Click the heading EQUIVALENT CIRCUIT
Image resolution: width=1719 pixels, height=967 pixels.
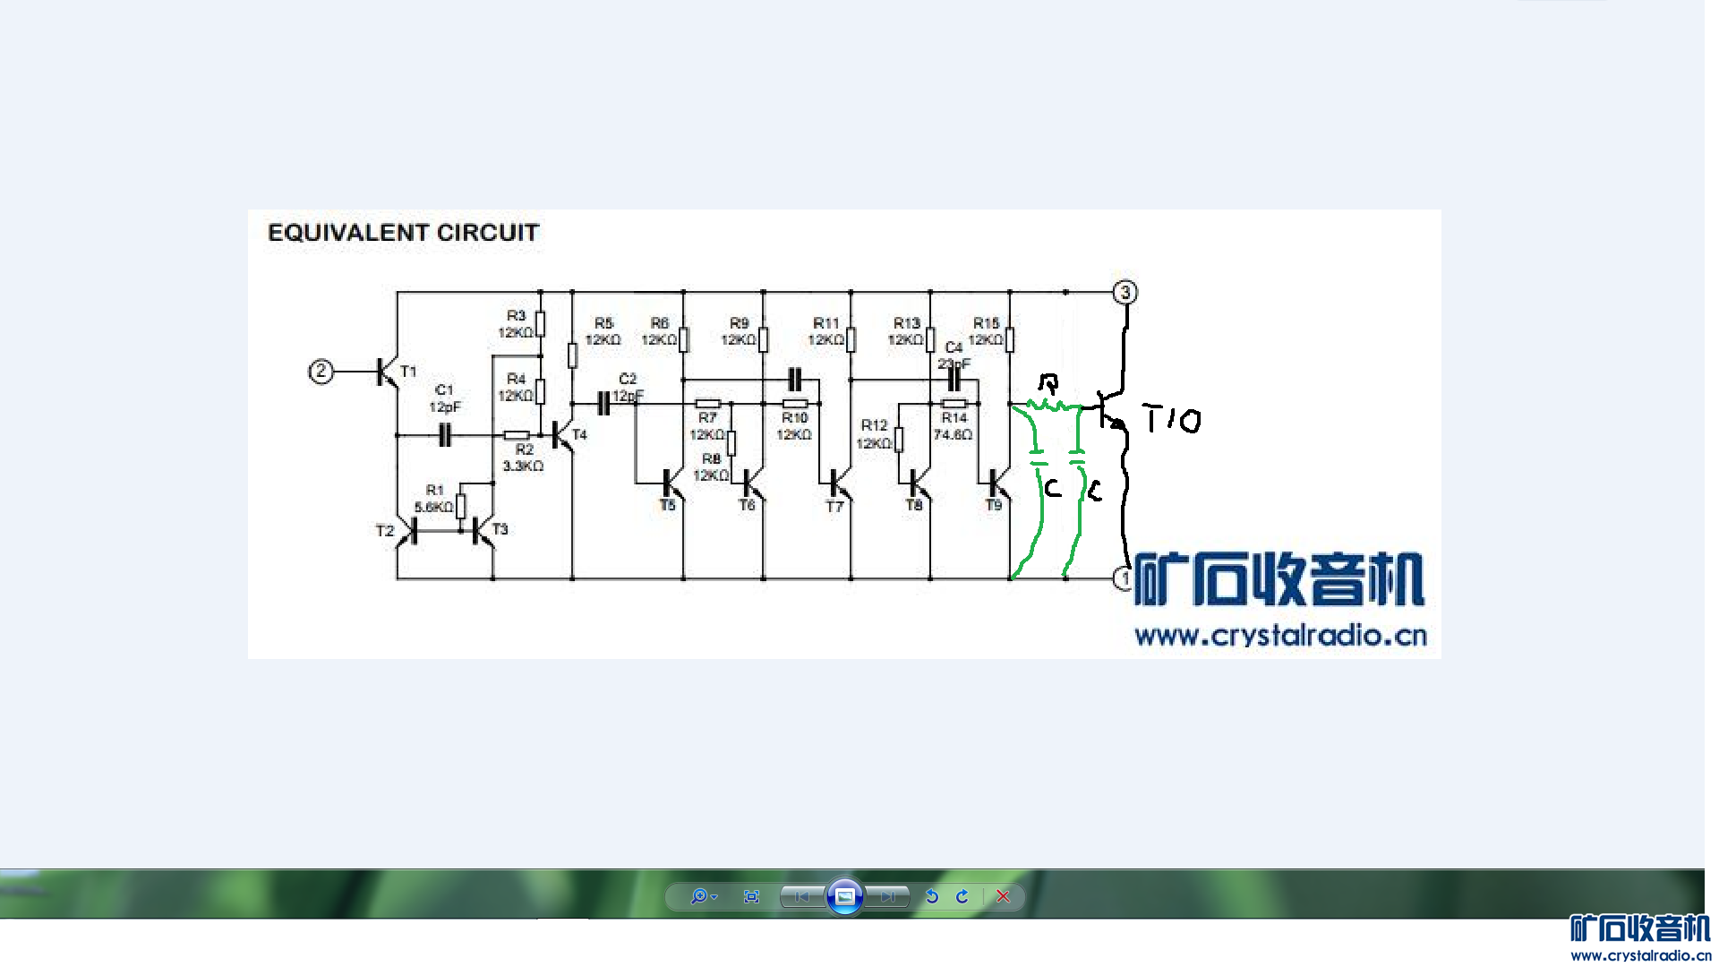(403, 233)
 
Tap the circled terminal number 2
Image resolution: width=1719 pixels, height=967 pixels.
(321, 372)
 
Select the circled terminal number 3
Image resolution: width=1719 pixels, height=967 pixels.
(1125, 293)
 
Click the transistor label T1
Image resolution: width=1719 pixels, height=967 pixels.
(408, 372)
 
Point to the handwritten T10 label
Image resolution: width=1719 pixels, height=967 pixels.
(1172, 419)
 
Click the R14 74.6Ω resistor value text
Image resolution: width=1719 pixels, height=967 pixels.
(953, 435)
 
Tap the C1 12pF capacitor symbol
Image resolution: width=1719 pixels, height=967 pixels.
(444, 436)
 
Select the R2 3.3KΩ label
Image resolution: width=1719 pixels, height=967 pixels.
(524, 458)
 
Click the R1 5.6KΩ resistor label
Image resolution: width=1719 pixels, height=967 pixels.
(434, 499)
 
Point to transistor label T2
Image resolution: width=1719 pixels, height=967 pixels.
(385, 531)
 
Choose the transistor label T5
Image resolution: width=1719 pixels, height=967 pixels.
(668, 506)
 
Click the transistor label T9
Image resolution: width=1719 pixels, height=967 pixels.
(994, 506)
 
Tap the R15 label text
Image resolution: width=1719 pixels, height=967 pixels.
(986, 323)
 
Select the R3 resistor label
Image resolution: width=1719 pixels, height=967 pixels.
(516, 316)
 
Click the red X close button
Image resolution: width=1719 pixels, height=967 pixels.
(1003, 896)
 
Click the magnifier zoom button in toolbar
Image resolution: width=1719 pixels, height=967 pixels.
(699, 896)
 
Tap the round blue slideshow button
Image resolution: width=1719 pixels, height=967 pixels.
(844, 896)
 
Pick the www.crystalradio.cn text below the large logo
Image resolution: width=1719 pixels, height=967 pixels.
(1280, 636)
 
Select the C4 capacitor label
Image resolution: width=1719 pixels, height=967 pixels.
(954, 347)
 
